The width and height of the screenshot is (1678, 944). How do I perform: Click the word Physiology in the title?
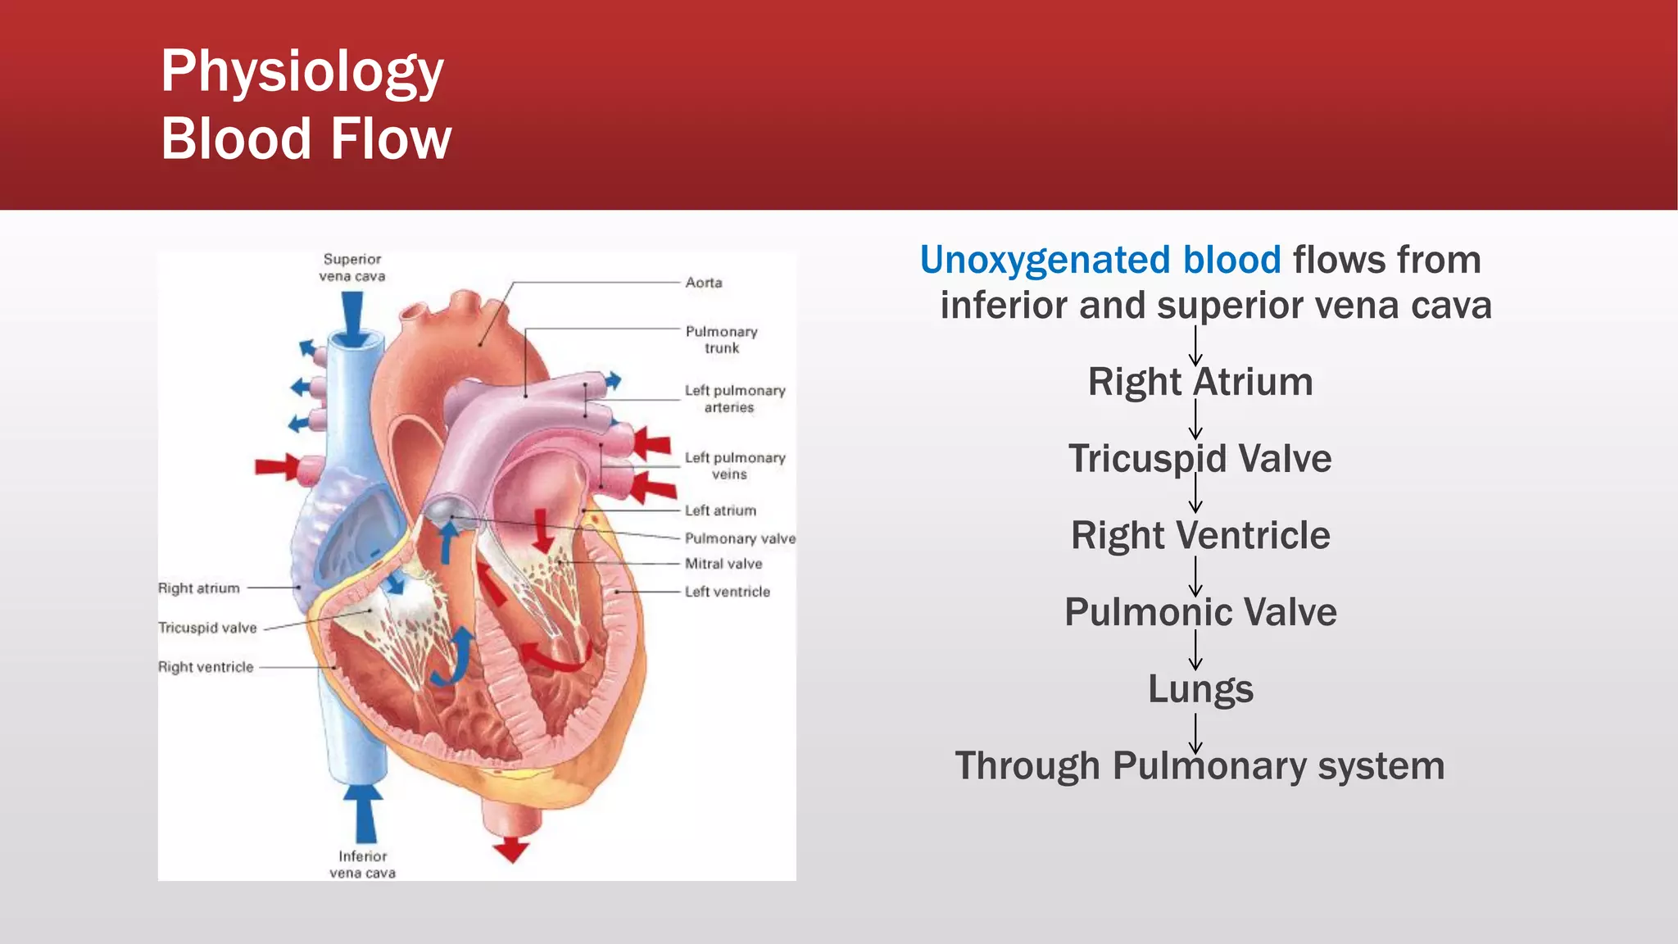[x=302, y=72]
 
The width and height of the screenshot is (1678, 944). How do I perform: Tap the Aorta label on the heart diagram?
[x=704, y=283]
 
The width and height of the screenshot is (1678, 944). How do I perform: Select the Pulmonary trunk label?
[x=721, y=339]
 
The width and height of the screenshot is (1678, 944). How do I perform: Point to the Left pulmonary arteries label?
[x=734, y=399]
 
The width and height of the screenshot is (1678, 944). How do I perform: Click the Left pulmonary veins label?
[x=734, y=465]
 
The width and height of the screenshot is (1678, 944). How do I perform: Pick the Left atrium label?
[x=720, y=511]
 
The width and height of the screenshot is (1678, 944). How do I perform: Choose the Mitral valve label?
[x=723, y=564]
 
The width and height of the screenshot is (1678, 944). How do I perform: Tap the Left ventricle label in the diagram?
[x=727, y=592]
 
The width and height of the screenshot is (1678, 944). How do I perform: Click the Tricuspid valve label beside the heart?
[x=207, y=628]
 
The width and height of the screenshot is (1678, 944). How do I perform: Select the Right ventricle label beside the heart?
[x=206, y=667]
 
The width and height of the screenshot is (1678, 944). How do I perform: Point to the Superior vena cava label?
[x=352, y=267]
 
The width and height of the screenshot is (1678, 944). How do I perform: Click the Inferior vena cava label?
[x=362, y=865]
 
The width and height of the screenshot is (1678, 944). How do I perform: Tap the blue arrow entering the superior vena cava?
[x=352, y=319]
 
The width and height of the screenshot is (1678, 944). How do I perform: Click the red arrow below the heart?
[x=511, y=850]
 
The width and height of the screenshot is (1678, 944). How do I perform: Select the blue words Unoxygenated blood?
[x=1100, y=260]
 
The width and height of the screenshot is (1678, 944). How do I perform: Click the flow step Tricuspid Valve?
[x=1200, y=459]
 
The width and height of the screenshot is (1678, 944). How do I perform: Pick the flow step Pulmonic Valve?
[x=1200, y=612]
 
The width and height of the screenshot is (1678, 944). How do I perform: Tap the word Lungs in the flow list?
[x=1200, y=689]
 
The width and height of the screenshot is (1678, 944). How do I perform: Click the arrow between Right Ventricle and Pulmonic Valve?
[x=1195, y=576]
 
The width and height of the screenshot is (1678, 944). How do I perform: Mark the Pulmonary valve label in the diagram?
[x=739, y=538]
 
